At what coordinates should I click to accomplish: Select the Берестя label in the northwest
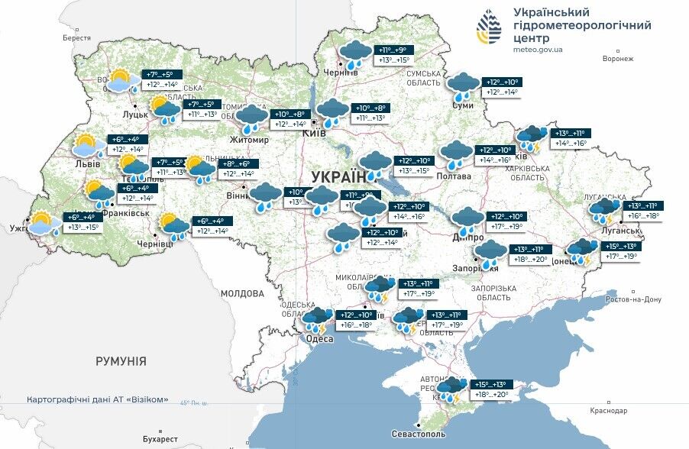click(76, 37)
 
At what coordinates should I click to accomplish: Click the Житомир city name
click(250, 140)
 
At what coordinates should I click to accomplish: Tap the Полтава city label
click(454, 176)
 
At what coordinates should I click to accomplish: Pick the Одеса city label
click(319, 338)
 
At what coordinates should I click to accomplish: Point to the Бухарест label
click(160, 439)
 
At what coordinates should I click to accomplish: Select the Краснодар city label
click(609, 411)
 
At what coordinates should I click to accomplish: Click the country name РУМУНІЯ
click(121, 361)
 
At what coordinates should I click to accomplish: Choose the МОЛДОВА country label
click(242, 293)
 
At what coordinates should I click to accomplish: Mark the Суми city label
click(462, 105)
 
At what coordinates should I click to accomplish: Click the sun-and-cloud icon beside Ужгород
click(46, 223)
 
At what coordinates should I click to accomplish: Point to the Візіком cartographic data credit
click(97, 399)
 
